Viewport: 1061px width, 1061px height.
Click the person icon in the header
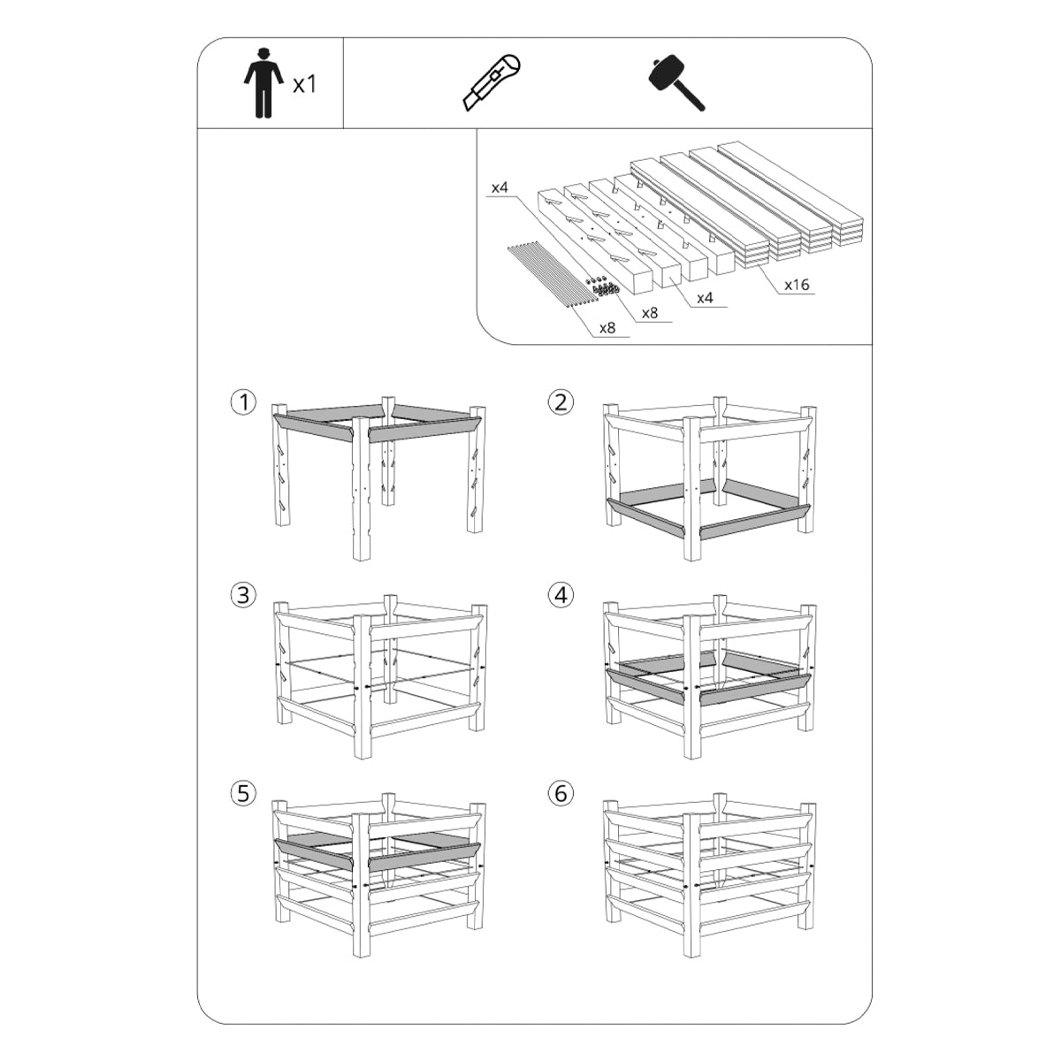(263, 83)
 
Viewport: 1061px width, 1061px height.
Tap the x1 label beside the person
(304, 85)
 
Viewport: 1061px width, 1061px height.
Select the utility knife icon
(491, 82)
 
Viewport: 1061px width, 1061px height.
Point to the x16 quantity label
(797, 284)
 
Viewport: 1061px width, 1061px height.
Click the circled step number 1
(243, 402)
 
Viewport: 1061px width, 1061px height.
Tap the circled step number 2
(561, 402)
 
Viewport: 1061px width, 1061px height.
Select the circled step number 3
(243, 595)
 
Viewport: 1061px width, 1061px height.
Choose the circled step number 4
(561, 595)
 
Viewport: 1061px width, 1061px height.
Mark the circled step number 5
(243, 793)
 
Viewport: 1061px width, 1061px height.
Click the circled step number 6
(561, 793)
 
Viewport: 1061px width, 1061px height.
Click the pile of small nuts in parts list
(604, 286)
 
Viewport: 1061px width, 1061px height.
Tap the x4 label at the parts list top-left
(500, 187)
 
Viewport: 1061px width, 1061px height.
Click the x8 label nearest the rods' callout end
(607, 328)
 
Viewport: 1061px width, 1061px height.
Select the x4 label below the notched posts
(705, 298)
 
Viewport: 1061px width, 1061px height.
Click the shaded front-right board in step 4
(755, 688)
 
